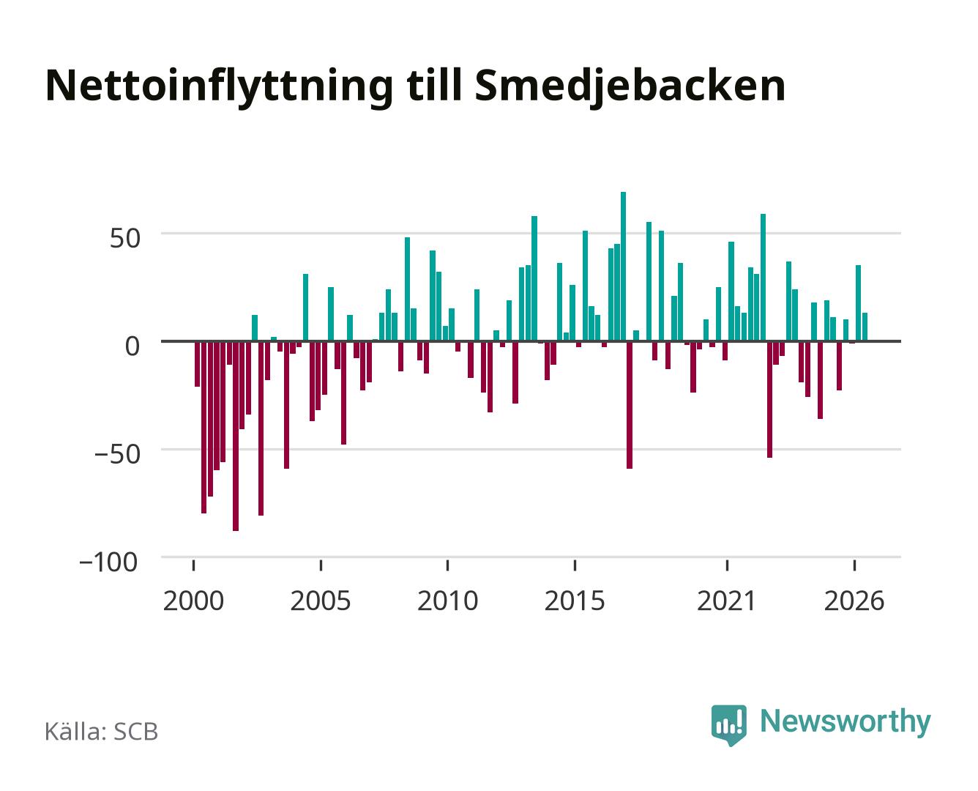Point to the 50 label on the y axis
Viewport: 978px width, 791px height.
[125, 239]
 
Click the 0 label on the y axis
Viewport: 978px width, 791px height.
[132, 346]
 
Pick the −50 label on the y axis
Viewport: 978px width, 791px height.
[117, 454]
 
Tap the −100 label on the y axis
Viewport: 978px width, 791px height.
[108, 562]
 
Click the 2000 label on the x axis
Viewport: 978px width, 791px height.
[193, 601]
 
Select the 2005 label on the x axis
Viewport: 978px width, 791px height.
[321, 601]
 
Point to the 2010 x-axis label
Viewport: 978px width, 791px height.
[448, 601]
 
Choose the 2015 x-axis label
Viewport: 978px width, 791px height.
[575, 601]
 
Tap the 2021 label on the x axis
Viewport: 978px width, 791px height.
[726, 601]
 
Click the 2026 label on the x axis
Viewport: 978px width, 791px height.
[854, 601]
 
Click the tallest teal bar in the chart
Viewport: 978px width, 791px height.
[623, 267]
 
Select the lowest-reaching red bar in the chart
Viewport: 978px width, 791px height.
[236, 436]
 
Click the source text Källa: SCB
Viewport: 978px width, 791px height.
[102, 732]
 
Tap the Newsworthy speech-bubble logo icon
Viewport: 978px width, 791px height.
[728, 725]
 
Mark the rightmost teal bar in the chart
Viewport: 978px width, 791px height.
[865, 327]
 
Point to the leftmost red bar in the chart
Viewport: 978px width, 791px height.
[198, 364]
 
